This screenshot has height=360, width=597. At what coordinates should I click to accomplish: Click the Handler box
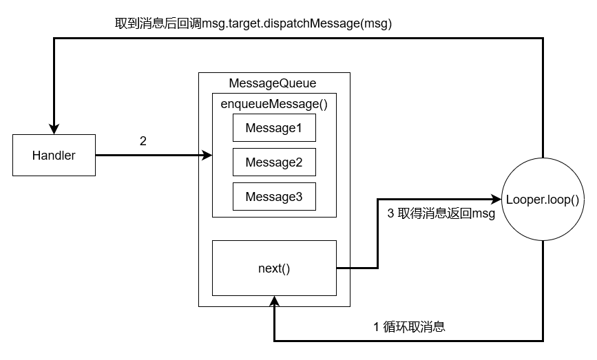54,156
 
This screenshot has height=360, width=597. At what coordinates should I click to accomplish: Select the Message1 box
274,128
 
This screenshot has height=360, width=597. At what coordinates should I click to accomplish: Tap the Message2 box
274,162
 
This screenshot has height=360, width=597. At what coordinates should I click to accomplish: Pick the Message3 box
274,196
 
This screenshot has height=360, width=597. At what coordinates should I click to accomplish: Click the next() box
274,268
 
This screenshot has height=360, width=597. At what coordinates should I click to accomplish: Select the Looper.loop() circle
543,200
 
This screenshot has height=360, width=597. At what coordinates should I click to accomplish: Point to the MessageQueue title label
273,83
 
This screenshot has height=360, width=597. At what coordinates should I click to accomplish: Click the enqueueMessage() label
274,104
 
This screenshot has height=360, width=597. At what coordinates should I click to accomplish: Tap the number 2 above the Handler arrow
143,141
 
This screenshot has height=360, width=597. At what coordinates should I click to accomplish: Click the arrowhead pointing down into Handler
54,129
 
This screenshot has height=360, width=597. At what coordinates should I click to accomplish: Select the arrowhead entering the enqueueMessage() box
207,156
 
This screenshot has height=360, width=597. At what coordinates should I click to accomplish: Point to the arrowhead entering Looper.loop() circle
496,199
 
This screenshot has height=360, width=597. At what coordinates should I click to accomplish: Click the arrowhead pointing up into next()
274,301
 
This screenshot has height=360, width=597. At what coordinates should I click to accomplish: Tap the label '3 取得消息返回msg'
441,213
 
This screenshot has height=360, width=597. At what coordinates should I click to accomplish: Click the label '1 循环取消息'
409,327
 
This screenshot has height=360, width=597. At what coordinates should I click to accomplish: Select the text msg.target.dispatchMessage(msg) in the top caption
297,23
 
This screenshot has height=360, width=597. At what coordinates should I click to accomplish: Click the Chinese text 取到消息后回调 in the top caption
158,23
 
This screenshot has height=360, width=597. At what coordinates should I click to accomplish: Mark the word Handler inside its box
54,156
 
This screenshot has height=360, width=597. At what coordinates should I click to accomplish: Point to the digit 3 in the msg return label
390,213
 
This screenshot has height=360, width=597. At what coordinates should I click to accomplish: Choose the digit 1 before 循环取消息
376,327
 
